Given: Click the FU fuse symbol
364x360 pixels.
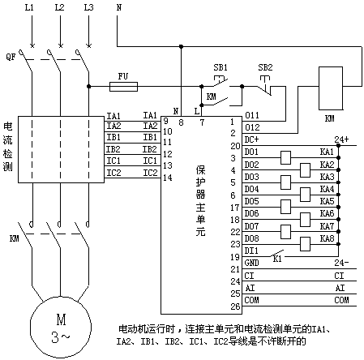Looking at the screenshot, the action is tap(123, 87).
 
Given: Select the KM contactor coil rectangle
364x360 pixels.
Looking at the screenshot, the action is tap(331, 88).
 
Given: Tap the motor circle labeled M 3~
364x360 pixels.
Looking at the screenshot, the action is tap(61, 326).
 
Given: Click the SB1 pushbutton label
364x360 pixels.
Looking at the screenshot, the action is tap(221, 67).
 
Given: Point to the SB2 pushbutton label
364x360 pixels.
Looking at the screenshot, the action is tap(265, 67).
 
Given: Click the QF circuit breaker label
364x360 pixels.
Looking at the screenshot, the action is tap(11, 57).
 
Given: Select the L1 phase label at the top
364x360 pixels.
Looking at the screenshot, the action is tap(29, 7).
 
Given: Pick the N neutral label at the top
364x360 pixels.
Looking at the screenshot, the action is tap(119, 7).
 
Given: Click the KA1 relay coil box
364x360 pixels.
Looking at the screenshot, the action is tap(285, 157).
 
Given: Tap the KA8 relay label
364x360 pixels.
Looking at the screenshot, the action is tap(327, 238).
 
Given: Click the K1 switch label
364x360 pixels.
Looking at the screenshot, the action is tap(277, 259).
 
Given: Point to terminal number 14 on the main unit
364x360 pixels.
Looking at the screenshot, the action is tap(168, 178).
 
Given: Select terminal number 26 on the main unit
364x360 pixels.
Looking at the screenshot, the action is tap(235, 306).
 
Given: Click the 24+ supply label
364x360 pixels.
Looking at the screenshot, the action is tap(341, 139).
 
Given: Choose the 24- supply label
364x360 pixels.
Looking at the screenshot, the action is tap(341, 263).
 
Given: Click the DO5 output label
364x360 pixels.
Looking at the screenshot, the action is tap(251, 201).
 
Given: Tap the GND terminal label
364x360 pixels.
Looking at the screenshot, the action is tap(251, 263).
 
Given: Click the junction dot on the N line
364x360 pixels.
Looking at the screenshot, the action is tap(181, 47).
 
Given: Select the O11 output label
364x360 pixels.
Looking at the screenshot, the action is tap(252, 115).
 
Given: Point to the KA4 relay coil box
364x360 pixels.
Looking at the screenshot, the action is tap(305, 195).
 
